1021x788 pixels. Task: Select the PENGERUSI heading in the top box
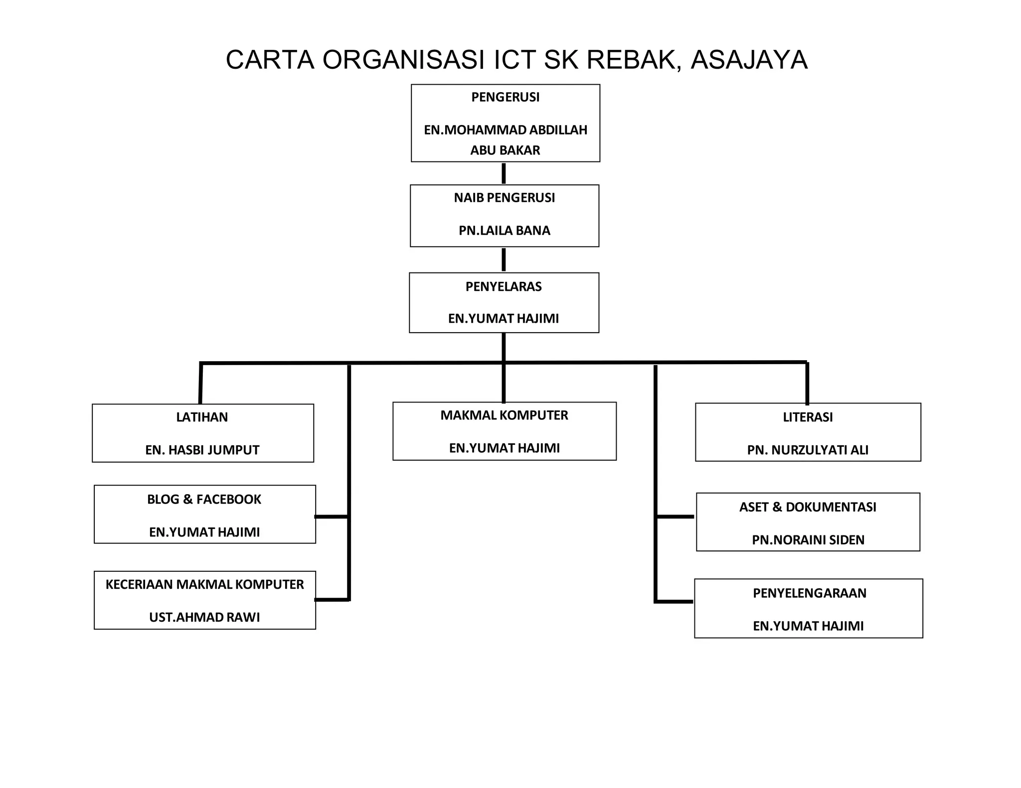coord(505,97)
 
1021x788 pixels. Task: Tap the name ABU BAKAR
coord(505,150)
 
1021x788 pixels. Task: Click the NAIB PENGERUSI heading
coord(504,198)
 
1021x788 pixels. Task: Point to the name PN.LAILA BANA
coord(504,231)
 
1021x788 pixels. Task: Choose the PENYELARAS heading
coord(504,286)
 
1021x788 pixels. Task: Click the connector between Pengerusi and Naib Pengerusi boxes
coord(504,173)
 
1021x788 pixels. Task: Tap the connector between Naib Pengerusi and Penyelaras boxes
coord(504,260)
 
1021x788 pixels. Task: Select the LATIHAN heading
coord(202,417)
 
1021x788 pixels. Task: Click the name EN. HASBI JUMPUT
coord(202,450)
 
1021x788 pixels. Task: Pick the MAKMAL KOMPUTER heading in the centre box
coord(504,415)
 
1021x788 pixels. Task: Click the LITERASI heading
coord(808,417)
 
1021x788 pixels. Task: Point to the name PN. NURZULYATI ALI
coord(808,450)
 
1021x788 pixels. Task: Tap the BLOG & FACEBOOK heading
coord(204,499)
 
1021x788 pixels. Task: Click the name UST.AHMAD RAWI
coord(204,617)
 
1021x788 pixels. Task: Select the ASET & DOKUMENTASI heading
coord(808,507)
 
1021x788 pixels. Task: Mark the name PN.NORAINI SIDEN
coord(808,540)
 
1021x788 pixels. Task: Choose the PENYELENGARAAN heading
coord(809,593)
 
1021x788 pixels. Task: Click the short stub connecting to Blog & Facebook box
coord(332,517)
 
